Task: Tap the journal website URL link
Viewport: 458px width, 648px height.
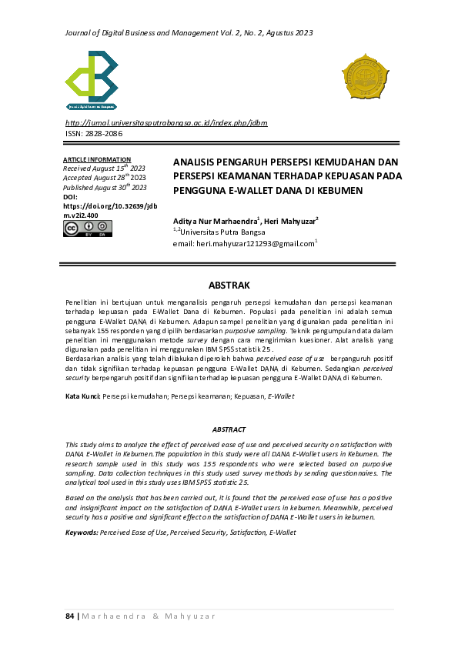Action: (x=166, y=122)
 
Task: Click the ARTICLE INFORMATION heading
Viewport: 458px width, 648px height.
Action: (x=96, y=159)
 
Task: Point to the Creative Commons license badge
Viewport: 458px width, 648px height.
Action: (x=87, y=228)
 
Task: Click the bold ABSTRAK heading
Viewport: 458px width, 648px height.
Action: (x=229, y=285)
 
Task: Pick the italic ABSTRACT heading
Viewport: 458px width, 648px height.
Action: (x=229, y=429)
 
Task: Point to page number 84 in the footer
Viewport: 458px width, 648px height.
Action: (x=69, y=616)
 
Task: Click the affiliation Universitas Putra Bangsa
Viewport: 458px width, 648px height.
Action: (x=222, y=232)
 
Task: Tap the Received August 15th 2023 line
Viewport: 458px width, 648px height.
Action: (x=104, y=168)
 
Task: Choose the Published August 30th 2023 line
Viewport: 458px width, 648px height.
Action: (x=105, y=187)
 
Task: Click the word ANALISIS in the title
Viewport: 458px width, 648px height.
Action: (x=197, y=162)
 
